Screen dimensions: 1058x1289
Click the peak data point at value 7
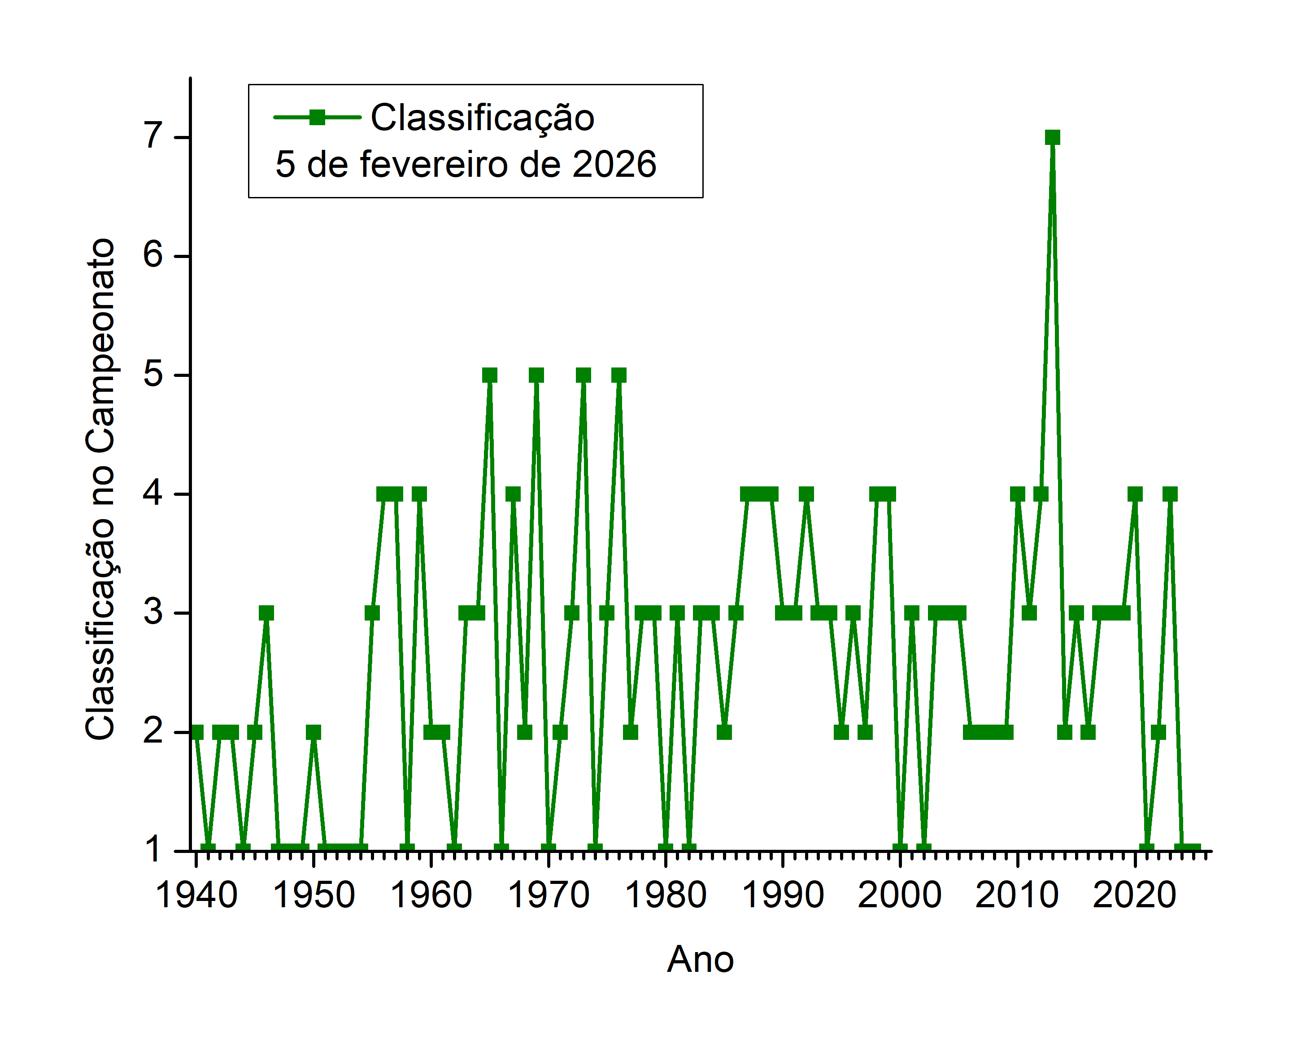(1052, 137)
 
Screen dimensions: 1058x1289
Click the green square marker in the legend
(317, 117)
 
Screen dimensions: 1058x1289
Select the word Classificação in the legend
(483, 117)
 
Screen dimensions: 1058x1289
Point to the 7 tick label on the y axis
(153, 136)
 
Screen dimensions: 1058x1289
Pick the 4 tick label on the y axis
(153, 493)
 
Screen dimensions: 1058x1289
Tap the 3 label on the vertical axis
(153, 611)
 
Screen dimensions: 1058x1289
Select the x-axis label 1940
(196, 895)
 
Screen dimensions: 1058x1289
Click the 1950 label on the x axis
(314, 895)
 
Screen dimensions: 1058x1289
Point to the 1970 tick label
(548, 895)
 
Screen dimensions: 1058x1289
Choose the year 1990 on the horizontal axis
(783, 895)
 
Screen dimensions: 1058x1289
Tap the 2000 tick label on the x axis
(900, 895)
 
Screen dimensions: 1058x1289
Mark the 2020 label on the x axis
(1134, 895)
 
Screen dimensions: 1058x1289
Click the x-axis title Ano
(700, 959)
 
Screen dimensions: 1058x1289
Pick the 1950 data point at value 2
(313, 732)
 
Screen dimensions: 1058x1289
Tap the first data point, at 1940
(196, 732)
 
